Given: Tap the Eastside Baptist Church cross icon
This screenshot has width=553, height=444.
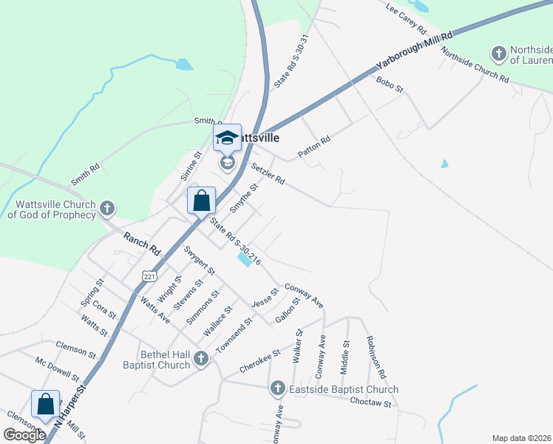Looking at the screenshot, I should [x=277, y=388].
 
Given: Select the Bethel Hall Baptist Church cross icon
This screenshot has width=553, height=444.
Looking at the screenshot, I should [x=201, y=360].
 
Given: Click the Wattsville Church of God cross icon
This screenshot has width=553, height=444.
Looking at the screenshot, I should [x=108, y=208].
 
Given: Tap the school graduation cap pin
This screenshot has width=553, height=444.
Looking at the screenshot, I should [x=228, y=138].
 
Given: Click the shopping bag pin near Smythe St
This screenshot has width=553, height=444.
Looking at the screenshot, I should [x=202, y=200].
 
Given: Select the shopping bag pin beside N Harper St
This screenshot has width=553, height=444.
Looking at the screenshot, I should [x=45, y=404].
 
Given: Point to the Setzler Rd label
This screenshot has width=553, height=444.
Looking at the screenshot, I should [x=268, y=174].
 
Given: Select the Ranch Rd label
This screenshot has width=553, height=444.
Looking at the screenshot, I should [x=142, y=244].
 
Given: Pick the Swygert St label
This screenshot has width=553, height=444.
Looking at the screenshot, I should [x=199, y=260].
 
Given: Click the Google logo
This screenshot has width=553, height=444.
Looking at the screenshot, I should [x=24, y=435].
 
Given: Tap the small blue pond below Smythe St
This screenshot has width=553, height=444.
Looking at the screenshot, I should [x=243, y=260].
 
